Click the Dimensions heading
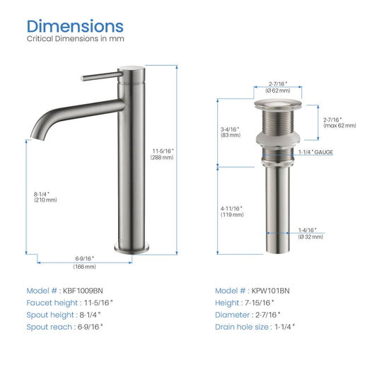[75, 26]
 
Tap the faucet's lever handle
[102, 76]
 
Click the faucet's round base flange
[132, 249]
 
